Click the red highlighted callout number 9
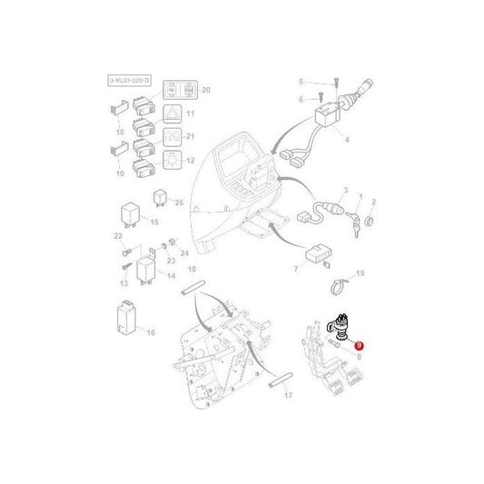point(360,346)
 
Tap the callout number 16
point(151,332)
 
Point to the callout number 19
point(360,273)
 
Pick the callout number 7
point(296,270)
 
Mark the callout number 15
point(154,222)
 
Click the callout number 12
point(191,161)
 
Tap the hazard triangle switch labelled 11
point(171,114)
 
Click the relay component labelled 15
point(129,213)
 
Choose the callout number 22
point(117,235)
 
